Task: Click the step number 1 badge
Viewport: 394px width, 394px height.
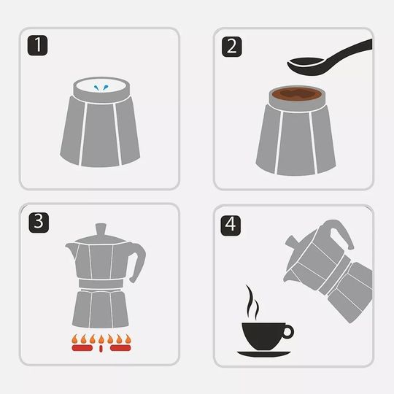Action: (37, 45)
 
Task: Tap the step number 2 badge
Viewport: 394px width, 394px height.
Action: (232, 47)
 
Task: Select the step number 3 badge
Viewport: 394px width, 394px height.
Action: (39, 223)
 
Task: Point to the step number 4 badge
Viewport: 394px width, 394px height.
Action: (231, 225)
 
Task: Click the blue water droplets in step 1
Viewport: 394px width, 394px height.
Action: (101, 88)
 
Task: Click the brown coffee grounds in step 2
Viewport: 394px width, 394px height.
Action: (296, 93)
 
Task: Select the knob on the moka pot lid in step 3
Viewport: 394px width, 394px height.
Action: (101, 230)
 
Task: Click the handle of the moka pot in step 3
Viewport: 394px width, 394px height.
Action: (138, 261)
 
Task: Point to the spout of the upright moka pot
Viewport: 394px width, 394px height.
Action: (71, 250)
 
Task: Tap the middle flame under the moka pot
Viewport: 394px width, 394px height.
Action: (101, 339)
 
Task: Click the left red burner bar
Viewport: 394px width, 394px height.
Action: (82, 348)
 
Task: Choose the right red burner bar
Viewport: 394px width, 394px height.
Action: (120, 348)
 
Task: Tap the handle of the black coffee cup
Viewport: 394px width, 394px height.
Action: (288, 332)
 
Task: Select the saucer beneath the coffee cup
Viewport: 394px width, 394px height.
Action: (264, 354)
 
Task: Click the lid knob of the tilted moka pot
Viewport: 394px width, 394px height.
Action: (290, 242)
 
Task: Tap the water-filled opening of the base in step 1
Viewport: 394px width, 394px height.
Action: (101, 85)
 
